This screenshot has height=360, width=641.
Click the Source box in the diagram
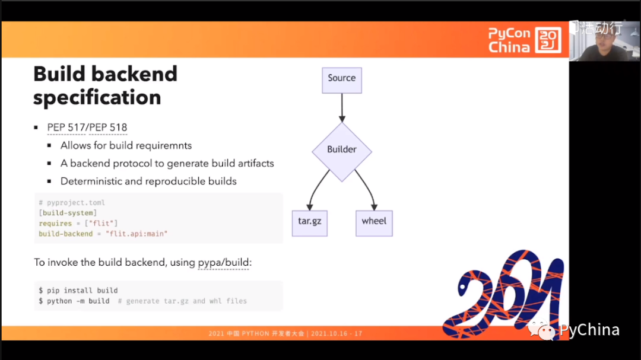[x=341, y=78]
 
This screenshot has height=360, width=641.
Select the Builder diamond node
[x=341, y=149]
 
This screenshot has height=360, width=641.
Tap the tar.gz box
[x=309, y=221]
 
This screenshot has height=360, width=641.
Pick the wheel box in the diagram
[x=374, y=221]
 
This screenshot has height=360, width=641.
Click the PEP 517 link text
[x=66, y=128]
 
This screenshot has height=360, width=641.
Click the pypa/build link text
[x=223, y=262]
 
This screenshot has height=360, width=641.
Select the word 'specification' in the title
[x=97, y=97]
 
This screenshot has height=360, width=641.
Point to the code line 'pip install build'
[x=82, y=291]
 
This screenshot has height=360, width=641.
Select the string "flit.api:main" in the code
[x=137, y=234]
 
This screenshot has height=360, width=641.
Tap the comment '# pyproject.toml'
[x=72, y=203]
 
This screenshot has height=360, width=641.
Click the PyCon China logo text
[x=509, y=40]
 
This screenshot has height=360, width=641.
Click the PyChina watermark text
[x=589, y=330]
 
